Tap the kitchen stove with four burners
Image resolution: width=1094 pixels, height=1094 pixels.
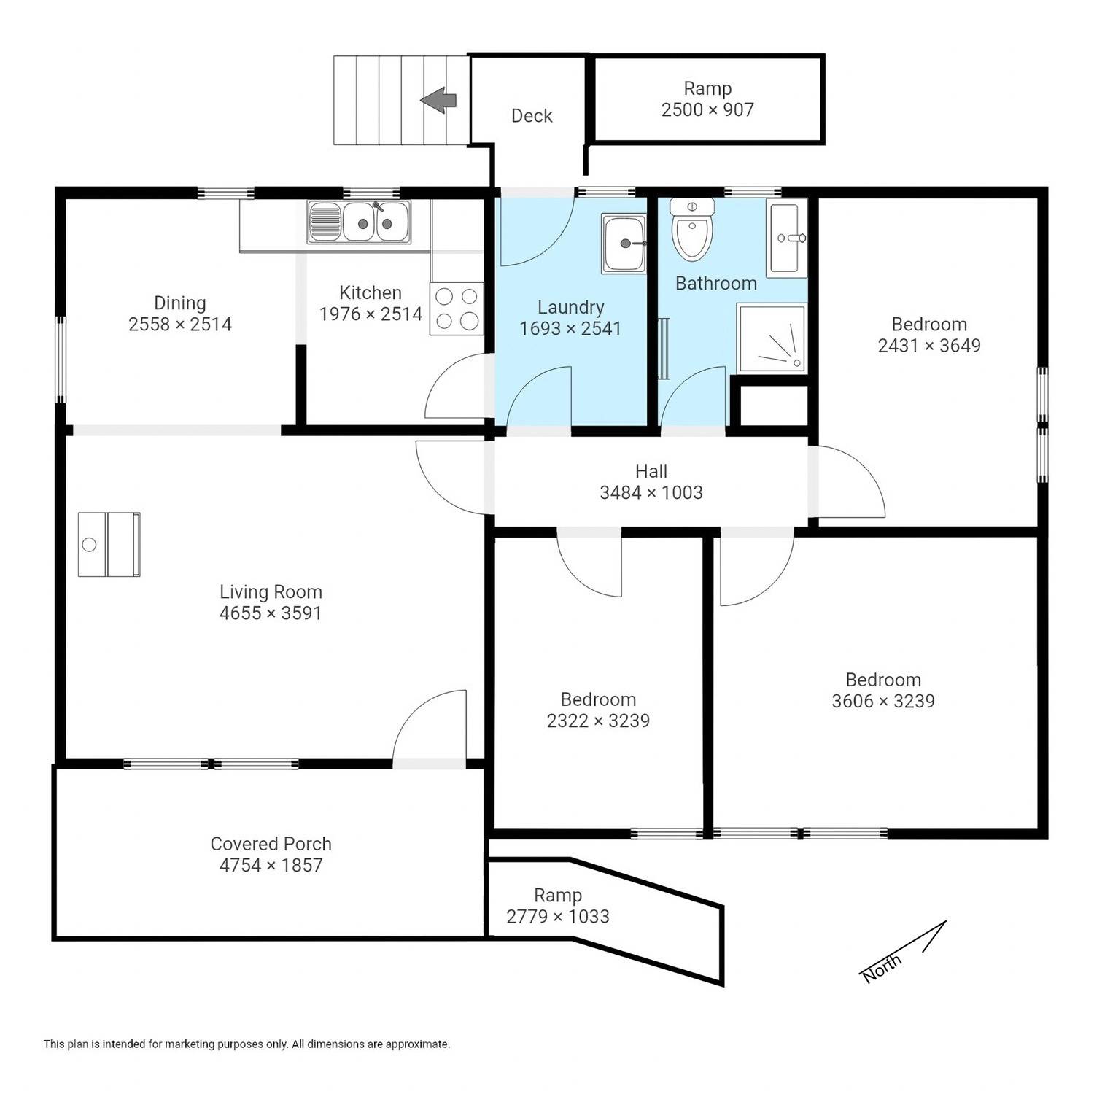pyautogui.click(x=457, y=309)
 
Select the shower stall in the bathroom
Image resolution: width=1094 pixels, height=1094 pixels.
pyautogui.click(x=772, y=338)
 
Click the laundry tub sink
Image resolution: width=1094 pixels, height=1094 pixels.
pyautogui.click(x=624, y=244)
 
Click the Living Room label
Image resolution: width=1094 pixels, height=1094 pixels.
pyautogui.click(x=271, y=591)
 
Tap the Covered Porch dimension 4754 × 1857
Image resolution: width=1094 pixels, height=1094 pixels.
pyautogui.click(x=271, y=865)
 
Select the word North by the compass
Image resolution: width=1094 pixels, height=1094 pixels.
pyautogui.click(x=882, y=967)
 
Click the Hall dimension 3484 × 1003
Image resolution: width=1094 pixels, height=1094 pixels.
pyautogui.click(x=651, y=492)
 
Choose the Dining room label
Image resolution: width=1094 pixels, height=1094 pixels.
pyautogui.click(x=180, y=303)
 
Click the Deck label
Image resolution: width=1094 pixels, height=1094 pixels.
pyautogui.click(x=532, y=115)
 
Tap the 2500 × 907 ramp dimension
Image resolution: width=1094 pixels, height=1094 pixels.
pyautogui.click(x=707, y=109)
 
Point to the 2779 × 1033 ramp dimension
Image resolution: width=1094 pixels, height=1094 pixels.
pyautogui.click(x=558, y=916)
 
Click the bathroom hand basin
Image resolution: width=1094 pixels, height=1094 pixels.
pyautogui.click(x=787, y=238)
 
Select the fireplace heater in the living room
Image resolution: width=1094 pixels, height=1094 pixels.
pyautogui.click(x=109, y=544)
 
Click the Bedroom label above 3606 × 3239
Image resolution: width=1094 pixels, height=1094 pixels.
pyautogui.click(x=883, y=680)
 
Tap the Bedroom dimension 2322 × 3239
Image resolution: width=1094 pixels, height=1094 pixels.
pyautogui.click(x=598, y=721)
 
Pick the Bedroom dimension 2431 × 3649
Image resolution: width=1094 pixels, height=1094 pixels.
pyautogui.click(x=929, y=345)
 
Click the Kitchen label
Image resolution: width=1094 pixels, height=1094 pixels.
pyautogui.click(x=371, y=292)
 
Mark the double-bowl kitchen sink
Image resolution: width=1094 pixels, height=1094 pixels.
pyautogui.click(x=359, y=221)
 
